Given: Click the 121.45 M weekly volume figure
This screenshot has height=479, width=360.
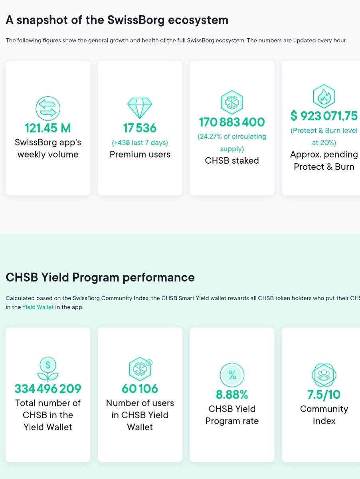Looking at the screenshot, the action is click(x=48, y=128).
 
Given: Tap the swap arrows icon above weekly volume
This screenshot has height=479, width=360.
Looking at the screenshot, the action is click(x=48, y=109).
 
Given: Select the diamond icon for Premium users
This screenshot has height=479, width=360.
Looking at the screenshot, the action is click(x=140, y=108).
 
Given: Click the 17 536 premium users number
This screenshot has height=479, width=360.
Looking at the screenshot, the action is click(x=140, y=128).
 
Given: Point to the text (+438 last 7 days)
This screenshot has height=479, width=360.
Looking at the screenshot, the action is click(x=140, y=143).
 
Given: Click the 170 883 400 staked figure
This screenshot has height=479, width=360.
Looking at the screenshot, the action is click(x=232, y=122).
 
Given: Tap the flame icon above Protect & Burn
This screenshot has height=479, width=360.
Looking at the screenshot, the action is click(x=324, y=96).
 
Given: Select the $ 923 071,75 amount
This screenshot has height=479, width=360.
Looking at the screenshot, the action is click(x=324, y=116).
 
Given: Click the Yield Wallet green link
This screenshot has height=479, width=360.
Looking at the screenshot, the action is click(x=38, y=307).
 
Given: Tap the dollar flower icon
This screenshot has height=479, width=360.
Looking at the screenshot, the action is click(x=48, y=369).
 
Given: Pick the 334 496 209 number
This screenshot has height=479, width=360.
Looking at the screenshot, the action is click(x=48, y=389).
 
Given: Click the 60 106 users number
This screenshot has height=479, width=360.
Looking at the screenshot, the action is click(x=140, y=389).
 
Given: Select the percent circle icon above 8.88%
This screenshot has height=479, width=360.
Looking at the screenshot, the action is click(x=232, y=375).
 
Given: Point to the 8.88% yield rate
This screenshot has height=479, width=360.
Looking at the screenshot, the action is click(x=232, y=394).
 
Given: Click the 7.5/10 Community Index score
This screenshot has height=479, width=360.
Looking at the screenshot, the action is click(x=324, y=394).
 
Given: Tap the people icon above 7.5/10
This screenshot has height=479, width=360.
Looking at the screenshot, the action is click(x=324, y=375).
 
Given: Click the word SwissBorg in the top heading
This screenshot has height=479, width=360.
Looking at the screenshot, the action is click(x=136, y=20).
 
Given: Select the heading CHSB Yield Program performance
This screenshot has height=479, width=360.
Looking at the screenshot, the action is click(x=100, y=277).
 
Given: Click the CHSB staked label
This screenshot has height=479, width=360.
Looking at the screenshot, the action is click(x=232, y=160).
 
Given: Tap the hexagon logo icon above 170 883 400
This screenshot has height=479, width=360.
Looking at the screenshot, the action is click(x=232, y=102).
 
